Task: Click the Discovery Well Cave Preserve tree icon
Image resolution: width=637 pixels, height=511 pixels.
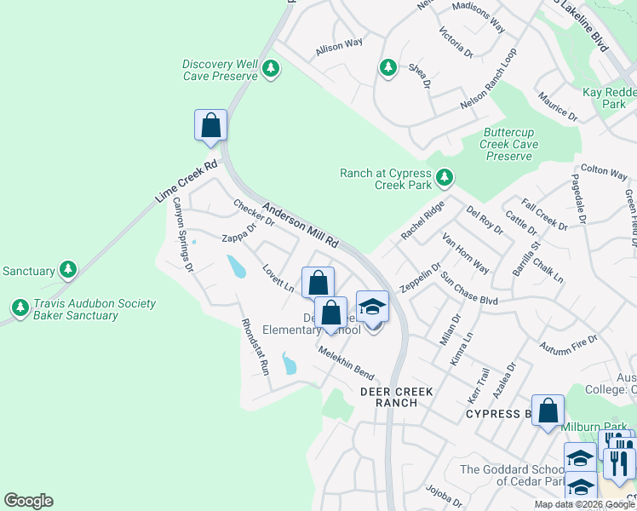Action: point(271,67)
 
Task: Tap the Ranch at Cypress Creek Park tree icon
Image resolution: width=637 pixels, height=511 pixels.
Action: point(444,178)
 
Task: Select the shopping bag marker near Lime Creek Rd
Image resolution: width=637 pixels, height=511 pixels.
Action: point(211,125)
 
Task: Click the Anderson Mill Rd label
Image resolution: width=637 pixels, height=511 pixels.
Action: point(301,226)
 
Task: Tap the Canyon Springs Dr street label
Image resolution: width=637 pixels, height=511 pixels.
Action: point(183,235)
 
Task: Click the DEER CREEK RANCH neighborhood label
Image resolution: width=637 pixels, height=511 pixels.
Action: point(397,397)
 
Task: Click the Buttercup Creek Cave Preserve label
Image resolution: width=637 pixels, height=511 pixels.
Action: point(510,144)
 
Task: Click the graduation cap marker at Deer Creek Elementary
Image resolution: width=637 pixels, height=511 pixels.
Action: point(372,307)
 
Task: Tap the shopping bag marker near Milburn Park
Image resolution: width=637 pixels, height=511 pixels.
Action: point(548,411)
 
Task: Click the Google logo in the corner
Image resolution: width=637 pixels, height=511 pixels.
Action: point(28,501)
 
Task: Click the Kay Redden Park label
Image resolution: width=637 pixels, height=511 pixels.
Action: point(604,98)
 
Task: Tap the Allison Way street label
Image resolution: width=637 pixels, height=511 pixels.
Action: point(339,46)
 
